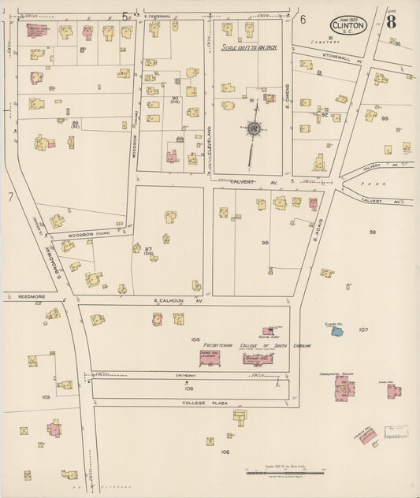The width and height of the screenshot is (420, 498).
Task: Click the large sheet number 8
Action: [391, 21]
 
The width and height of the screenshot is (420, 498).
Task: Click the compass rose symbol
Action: [255, 128]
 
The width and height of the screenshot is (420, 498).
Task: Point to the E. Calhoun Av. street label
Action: [178, 301]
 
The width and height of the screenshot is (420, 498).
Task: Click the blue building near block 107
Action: [336, 332]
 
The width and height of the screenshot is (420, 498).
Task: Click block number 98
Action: [266, 242]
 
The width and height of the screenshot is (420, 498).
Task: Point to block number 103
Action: [46, 397]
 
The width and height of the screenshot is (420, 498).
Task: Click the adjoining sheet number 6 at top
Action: [303, 19]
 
